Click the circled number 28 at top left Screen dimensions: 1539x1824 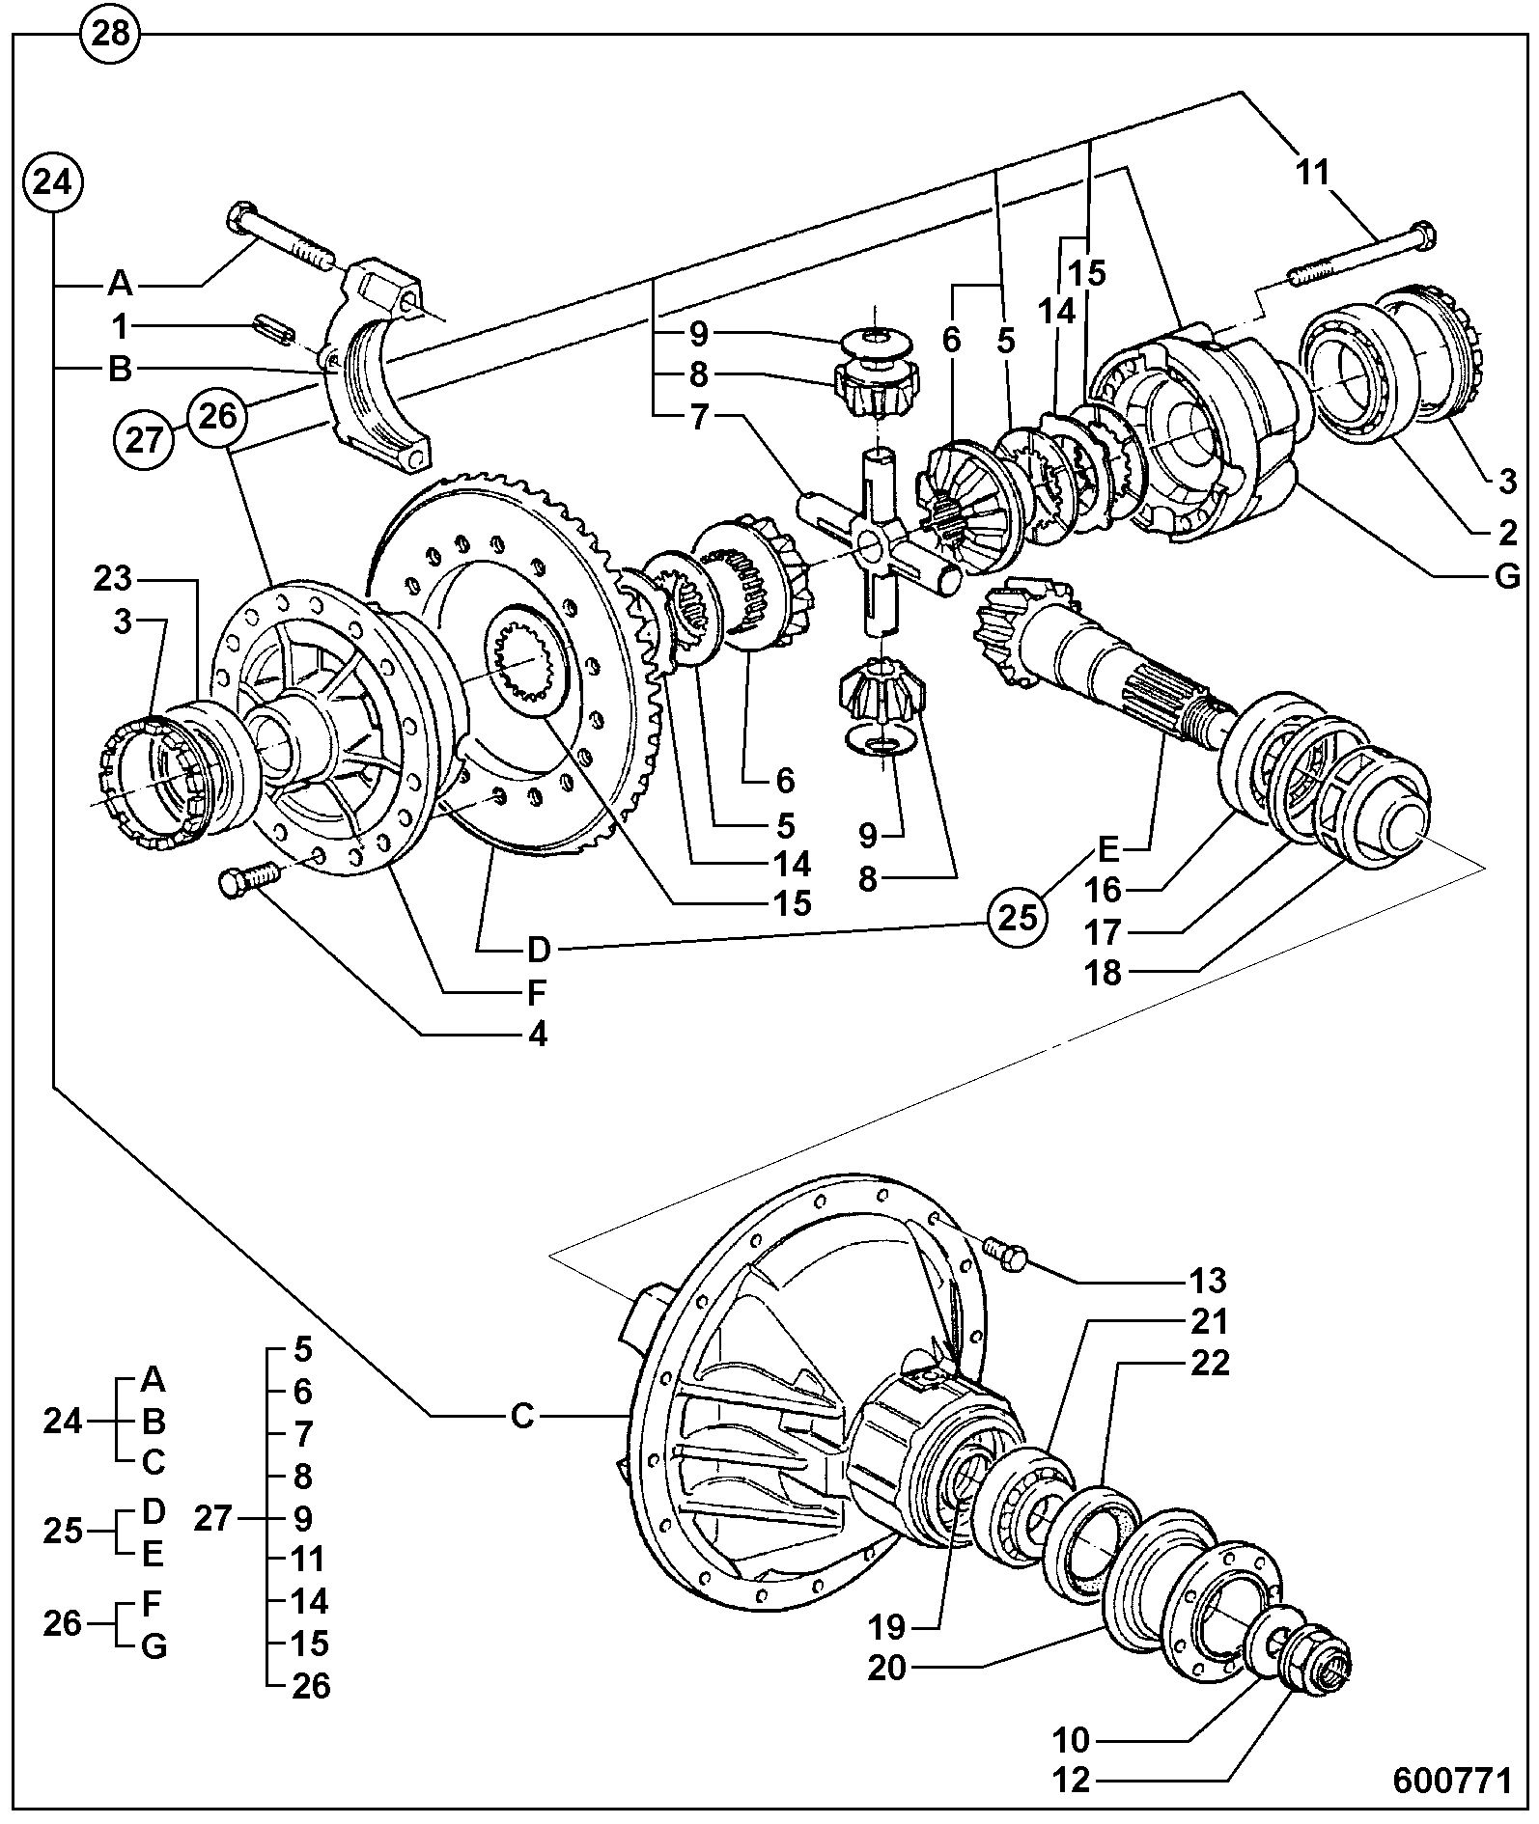(111, 36)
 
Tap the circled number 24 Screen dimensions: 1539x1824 (53, 182)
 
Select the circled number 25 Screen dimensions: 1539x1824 (1017, 917)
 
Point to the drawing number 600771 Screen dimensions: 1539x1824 (1451, 1780)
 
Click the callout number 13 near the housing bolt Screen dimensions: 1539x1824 (1207, 1281)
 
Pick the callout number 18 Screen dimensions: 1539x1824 (1105, 973)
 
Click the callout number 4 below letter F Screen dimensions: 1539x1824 (537, 1035)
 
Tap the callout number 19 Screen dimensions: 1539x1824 (887, 1627)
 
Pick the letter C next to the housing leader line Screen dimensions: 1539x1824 (521, 1416)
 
